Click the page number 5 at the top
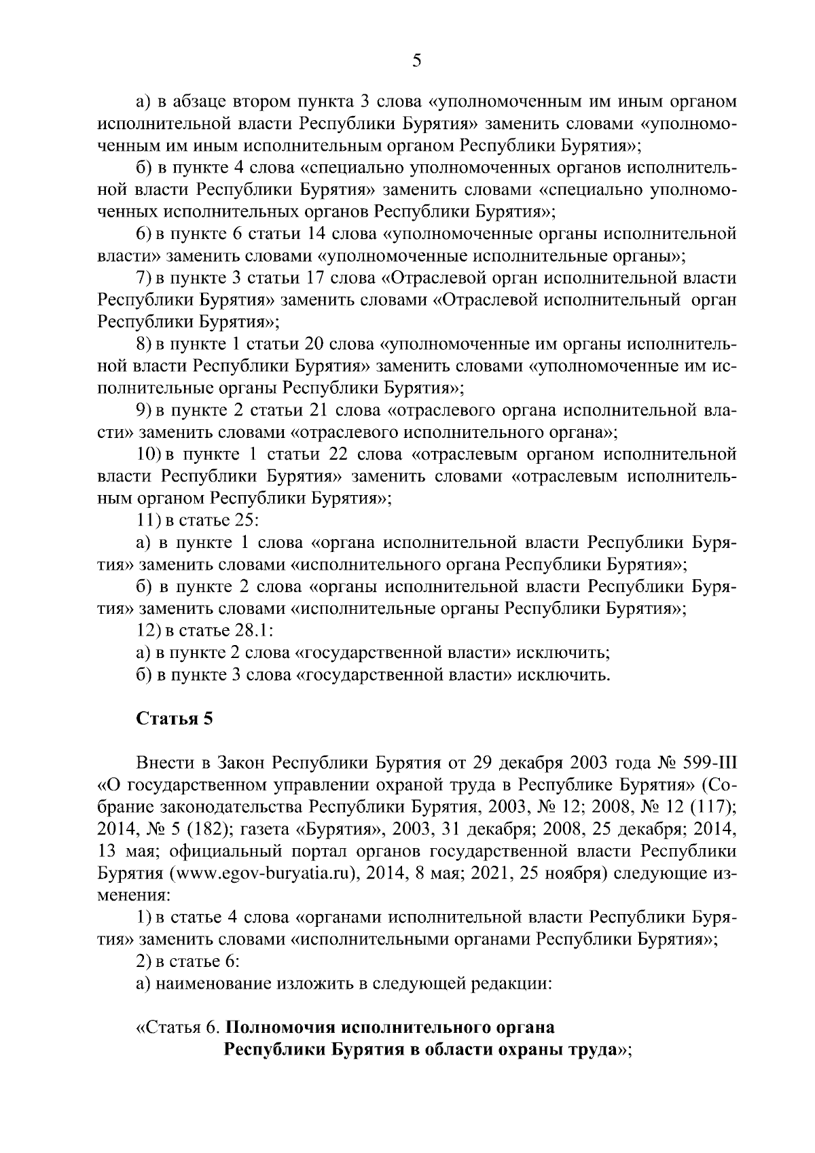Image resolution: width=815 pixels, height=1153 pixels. pos(416,61)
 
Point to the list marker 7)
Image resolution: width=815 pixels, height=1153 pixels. pos(143,278)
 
